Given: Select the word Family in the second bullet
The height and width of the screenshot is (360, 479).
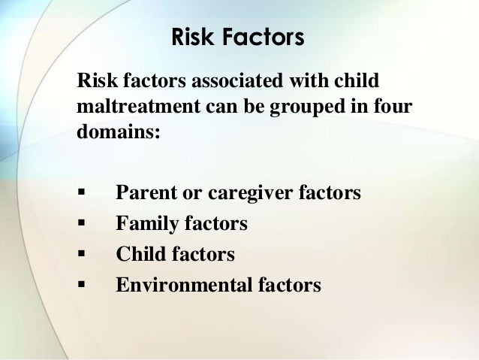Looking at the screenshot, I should point(144,224).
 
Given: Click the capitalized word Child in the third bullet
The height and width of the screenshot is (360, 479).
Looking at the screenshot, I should point(137,254).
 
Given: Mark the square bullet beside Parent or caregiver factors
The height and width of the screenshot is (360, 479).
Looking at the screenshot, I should point(80,195).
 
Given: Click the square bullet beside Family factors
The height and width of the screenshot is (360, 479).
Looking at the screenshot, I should point(80,225).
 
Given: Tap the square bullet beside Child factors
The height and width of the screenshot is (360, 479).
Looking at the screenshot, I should point(80,255).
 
